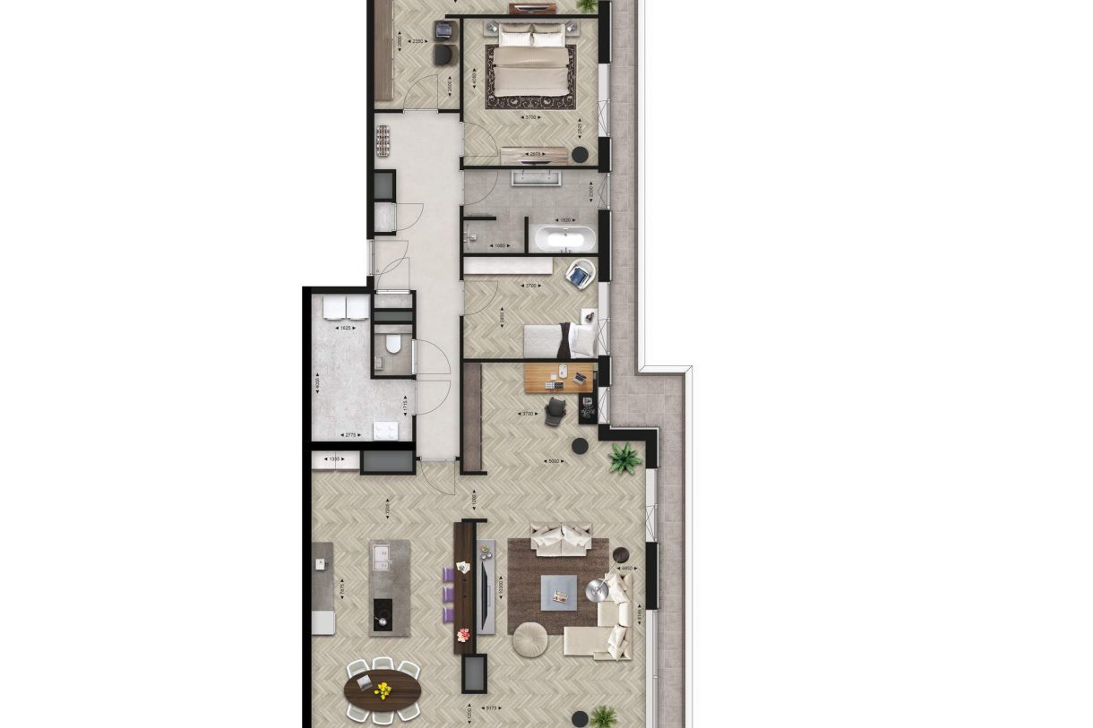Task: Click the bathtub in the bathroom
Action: coord(564,239)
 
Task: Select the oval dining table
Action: coord(383,689)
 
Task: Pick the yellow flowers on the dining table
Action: coord(383,689)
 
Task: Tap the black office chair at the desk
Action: coord(555,409)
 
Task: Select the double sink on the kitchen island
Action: coord(382,555)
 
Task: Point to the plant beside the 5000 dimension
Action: coord(624,459)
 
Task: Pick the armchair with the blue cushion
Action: coord(581,274)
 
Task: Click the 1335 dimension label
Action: coord(335,459)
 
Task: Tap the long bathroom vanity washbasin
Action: coord(536,177)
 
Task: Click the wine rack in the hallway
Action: coord(384,141)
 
